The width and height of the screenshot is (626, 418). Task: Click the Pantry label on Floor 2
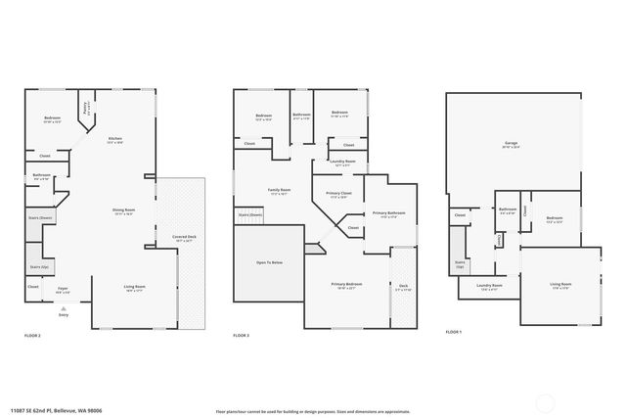pos(87,109)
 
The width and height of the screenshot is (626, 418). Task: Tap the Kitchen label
pos(115,139)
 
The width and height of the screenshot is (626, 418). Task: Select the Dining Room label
pos(123,211)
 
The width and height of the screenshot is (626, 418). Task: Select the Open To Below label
pos(270,262)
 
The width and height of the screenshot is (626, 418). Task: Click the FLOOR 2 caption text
pos(32,336)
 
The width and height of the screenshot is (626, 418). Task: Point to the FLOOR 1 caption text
pos(453,332)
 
